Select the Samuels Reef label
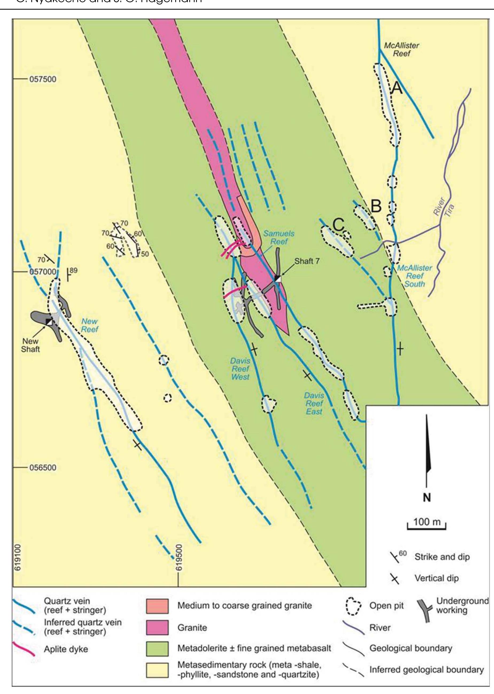(279, 238)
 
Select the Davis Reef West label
(240, 369)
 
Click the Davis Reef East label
(314, 404)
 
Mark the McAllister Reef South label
(415, 276)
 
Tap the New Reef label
(90, 325)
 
